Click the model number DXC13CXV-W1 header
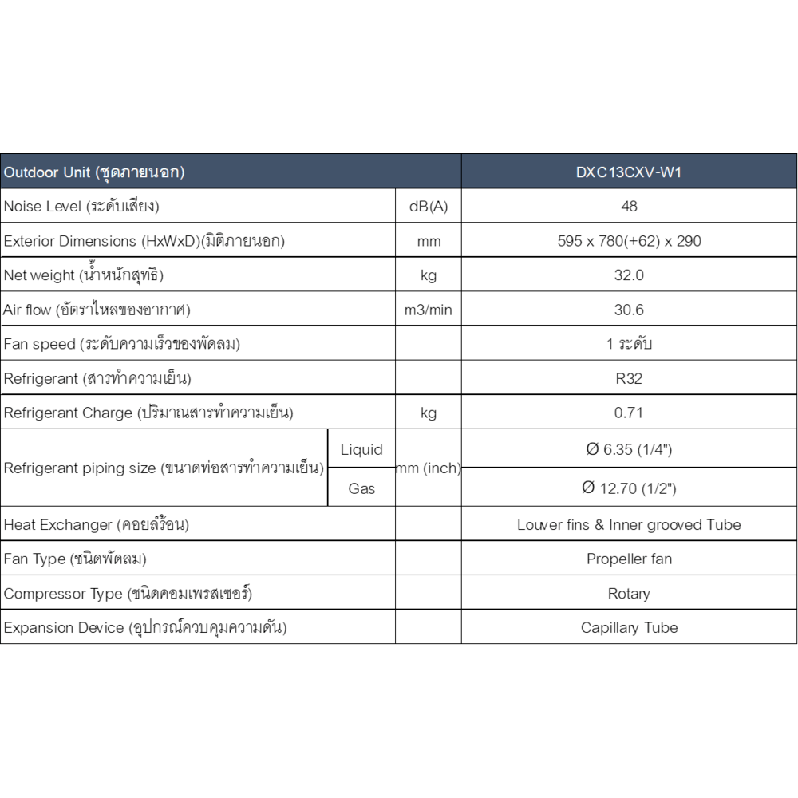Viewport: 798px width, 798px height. [629, 172]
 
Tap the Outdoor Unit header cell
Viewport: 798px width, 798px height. [95, 172]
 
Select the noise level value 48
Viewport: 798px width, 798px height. [629, 207]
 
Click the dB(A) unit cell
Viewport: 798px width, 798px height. [429, 207]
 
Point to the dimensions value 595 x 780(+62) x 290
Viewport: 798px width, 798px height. [629, 241]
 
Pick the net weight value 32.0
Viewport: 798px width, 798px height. [629, 275]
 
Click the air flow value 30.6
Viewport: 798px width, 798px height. [629, 310]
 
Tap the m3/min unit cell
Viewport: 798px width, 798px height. [429, 310]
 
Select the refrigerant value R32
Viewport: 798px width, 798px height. [629, 378]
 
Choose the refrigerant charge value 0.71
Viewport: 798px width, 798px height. [629, 413]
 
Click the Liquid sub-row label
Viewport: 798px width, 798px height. [361, 450]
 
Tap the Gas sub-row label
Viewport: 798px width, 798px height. [361, 488]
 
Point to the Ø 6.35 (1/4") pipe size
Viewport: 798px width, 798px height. [629, 450]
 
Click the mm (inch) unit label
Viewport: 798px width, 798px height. [429, 468]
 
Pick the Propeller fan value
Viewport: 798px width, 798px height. [629, 559]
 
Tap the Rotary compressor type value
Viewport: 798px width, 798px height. [629, 594]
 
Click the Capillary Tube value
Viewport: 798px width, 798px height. [629, 628]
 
